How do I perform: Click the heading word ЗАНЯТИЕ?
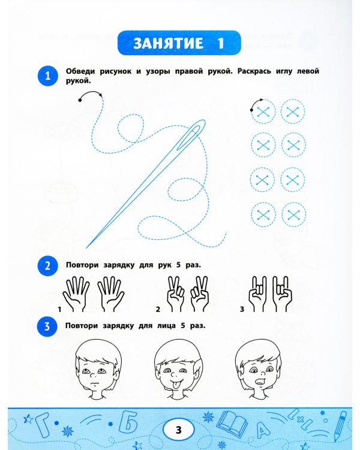(168, 43)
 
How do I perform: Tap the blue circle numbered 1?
(47, 76)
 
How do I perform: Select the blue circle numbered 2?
(47, 266)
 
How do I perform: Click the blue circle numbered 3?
(47, 326)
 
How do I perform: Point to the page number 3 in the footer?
(179, 430)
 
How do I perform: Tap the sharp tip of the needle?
(86, 248)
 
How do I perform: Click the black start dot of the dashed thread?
(80, 100)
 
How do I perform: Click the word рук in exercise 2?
(165, 265)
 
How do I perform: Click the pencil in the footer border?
(340, 426)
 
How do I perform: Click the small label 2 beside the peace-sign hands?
(158, 310)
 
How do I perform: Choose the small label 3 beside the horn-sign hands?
(242, 310)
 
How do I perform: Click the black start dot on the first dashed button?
(252, 110)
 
